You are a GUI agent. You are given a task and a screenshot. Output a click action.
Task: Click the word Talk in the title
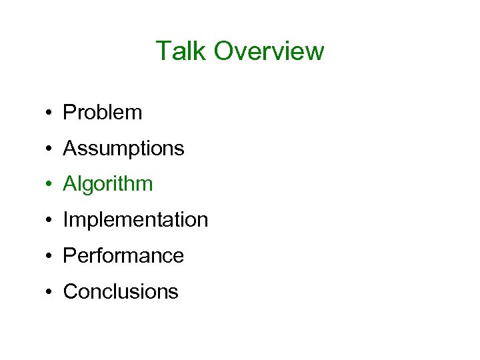coord(181,51)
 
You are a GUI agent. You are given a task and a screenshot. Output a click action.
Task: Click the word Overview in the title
coord(269,51)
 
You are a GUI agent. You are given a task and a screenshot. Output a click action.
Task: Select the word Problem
coord(102,113)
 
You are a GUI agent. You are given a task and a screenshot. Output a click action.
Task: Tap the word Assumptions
coord(123,149)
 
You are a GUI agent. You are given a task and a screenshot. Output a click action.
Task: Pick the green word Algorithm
coord(107,185)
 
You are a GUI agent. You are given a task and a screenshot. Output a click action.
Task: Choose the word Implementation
coord(135,220)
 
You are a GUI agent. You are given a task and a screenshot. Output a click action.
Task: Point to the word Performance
coord(123,256)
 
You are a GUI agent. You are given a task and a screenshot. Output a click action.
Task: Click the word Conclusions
coord(121,292)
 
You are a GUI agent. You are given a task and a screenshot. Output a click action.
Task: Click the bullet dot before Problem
coord(50,113)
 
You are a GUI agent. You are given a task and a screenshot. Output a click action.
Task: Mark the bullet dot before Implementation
coord(50,221)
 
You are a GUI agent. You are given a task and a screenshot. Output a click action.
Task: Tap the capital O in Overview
coord(225,51)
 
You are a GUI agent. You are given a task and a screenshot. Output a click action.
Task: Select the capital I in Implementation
coord(65,220)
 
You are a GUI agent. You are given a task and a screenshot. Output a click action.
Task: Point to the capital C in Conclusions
coord(69,292)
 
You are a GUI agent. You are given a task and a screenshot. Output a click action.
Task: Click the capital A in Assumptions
coord(69,149)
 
